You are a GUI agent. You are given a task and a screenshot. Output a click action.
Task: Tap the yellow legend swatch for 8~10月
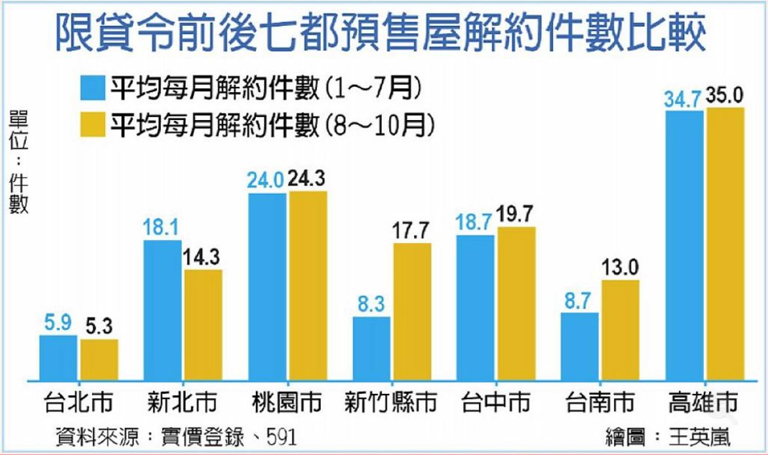pyautogui.click(x=93, y=126)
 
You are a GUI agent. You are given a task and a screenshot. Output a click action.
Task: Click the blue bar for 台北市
pyautogui.click(x=58, y=357)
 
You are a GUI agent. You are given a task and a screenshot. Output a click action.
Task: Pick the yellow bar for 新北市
pyautogui.click(x=203, y=325)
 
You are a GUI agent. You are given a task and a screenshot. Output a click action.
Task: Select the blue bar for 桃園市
pyautogui.click(x=268, y=288)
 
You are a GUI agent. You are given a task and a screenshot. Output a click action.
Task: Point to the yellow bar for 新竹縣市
pyautogui.click(x=412, y=311)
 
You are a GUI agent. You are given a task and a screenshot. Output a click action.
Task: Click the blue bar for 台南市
pyautogui.click(x=580, y=346)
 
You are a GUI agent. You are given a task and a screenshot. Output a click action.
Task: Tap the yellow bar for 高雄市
pyautogui.click(x=725, y=244)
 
